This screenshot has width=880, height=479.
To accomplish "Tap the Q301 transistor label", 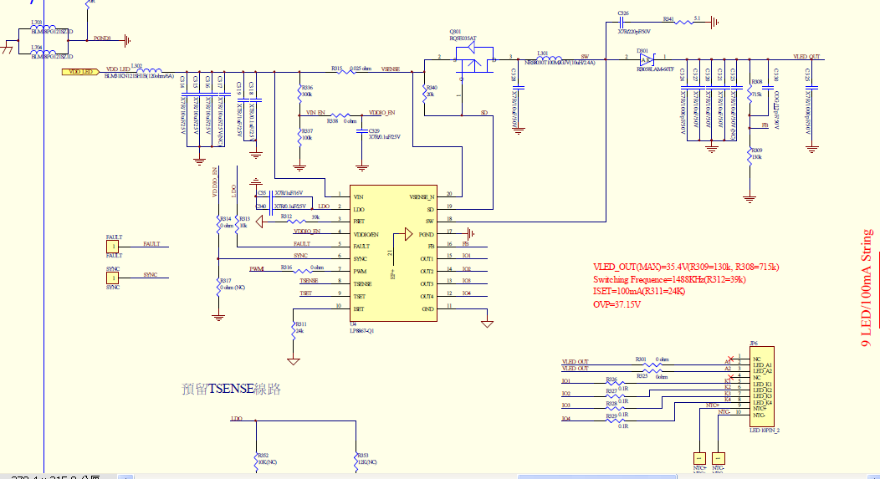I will click(455, 31).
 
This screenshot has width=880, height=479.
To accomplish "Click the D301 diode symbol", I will click(645, 59).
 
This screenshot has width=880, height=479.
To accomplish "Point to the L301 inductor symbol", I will click(544, 58).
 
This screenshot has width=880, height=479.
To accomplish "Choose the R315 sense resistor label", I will click(337, 68).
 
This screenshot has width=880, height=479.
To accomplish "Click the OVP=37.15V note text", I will click(617, 304).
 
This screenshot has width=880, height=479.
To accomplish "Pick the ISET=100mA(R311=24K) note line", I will click(639, 292).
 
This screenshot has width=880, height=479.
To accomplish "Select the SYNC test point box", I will click(113, 278).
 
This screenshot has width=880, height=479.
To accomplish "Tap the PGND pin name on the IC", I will click(426, 234).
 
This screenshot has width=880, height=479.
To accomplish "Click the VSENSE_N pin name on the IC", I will click(422, 196).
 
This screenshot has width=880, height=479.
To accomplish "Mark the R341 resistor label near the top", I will click(668, 18).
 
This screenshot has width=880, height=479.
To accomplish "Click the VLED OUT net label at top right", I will click(806, 57).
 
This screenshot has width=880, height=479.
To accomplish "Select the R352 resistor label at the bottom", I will click(261, 456).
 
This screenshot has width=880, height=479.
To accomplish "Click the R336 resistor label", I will click(307, 87).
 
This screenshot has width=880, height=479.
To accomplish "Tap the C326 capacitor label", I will click(623, 13).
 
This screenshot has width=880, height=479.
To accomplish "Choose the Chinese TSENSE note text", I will click(231, 389).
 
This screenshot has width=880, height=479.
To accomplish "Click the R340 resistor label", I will click(431, 87).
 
